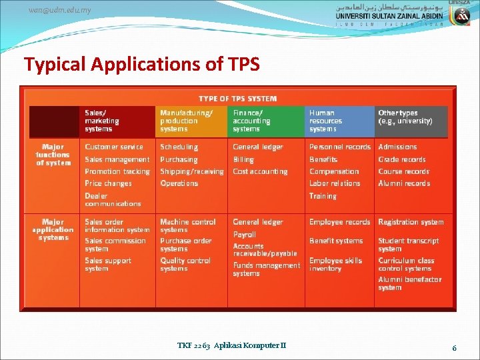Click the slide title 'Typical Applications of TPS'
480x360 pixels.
point(141,65)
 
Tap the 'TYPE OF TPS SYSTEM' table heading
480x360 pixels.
point(237,99)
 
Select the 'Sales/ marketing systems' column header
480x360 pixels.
point(102,121)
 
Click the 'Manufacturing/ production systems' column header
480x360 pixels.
point(186,121)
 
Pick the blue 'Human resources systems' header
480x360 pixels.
point(325,121)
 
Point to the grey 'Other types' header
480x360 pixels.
point(405,117)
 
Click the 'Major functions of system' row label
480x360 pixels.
point(53,155)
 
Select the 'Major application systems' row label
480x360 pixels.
point(53,229)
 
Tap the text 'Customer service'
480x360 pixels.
point(114,147)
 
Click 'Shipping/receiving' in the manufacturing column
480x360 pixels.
point(192,171)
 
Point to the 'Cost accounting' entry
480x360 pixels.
point(260,171)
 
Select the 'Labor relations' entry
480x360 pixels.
point(335,183)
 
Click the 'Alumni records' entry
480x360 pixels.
point(404,183)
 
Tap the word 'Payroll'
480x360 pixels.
point(244,235)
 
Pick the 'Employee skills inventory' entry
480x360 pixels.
point(335,265)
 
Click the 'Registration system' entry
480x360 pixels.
point(411,222)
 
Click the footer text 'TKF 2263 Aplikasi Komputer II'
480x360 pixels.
point(231,345)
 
